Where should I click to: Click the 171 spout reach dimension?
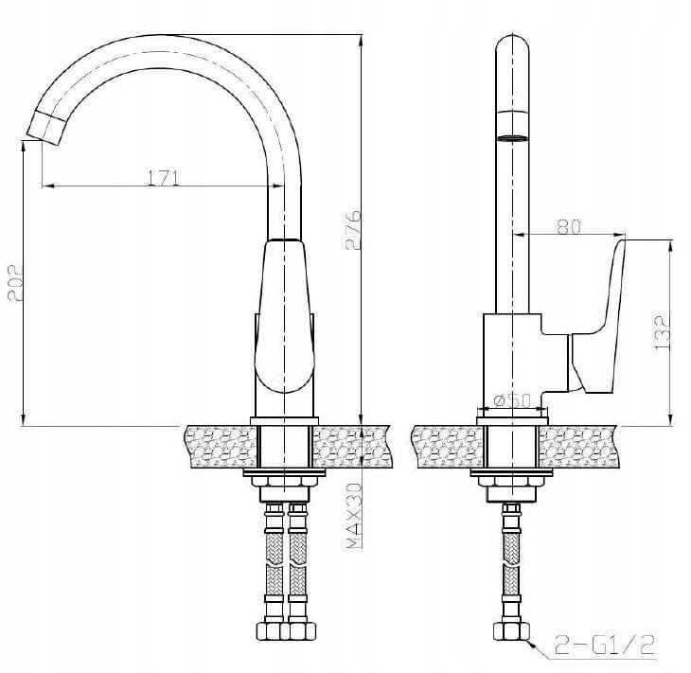tap(163, 178)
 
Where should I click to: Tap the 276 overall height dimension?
tap(353, 230)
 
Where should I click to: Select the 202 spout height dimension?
tap(15, 283)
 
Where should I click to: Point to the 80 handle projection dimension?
tap(569, 226)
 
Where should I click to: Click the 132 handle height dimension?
tap(663, 333)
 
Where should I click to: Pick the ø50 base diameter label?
tap(512, 400)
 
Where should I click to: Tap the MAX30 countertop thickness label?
tap(354, 516)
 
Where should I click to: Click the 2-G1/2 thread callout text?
tap(605, 646)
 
